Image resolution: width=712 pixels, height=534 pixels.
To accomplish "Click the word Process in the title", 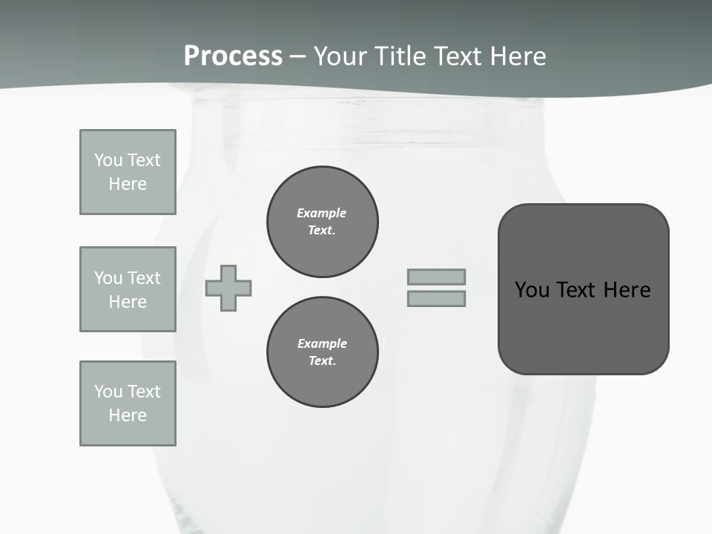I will (233, 56).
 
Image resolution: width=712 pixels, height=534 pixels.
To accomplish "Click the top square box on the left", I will (128, 172).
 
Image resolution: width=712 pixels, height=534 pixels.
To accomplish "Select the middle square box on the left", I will (128, 289).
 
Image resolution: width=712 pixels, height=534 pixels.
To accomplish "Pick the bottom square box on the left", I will (128, 403).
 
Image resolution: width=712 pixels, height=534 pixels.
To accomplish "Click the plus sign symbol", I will (228, 288).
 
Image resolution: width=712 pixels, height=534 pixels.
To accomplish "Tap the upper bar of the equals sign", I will (436, 277).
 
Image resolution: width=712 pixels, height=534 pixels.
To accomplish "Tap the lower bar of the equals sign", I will (436, 298).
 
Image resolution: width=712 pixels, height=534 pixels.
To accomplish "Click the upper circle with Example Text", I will (323, 222).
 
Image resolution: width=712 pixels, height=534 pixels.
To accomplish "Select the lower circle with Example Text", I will (323, 352).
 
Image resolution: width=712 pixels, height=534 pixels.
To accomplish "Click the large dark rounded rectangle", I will (583, 289).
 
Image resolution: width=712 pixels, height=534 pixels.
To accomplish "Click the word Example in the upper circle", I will (321, 214).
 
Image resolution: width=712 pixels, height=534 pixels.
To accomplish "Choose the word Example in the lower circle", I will (322, 344).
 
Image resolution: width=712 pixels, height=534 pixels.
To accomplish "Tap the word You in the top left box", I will (108, 160).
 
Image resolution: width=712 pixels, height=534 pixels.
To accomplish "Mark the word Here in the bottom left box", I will (128, 415).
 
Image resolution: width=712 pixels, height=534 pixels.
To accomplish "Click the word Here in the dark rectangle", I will (627, 290).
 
